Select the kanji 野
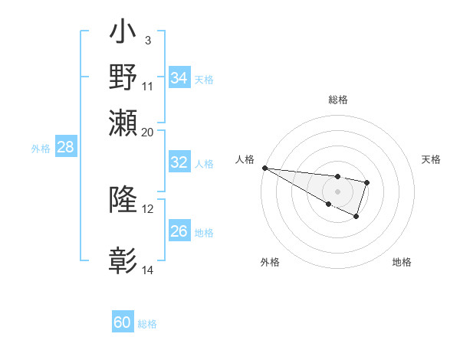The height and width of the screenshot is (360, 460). [123, 77]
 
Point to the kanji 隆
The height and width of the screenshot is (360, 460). [123, 201]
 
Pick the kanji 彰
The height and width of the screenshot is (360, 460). [123, 261]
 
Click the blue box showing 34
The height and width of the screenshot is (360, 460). [179, 78]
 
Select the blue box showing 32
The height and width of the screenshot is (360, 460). [179, 162]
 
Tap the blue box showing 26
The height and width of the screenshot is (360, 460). [179, 231]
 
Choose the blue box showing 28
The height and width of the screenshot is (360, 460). [66, 147]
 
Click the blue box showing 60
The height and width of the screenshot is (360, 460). [123, 322]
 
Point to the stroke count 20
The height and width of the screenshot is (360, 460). [148, 131]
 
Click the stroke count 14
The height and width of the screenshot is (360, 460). [148, 270]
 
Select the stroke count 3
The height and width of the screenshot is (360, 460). [147, 39]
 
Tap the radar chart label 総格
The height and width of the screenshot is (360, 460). [337, 100]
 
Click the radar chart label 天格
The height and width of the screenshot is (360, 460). [432, 159]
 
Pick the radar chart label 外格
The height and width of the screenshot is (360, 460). [270, 262]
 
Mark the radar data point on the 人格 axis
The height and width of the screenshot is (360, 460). [264, 168]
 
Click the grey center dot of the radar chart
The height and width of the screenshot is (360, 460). [337, 191]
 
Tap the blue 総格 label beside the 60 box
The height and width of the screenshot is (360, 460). [147, 324]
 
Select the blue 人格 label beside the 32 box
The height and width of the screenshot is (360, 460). [204, 163]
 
